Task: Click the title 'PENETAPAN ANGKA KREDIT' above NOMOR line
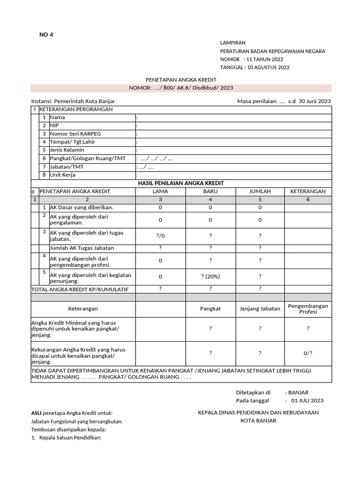coord(180,81)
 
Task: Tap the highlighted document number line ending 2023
coord(181,88)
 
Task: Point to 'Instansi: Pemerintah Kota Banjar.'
coord(74,101)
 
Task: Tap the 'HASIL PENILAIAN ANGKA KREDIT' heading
coord(180,183)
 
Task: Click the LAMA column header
coord(160,191)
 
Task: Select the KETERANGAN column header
coord(308,191)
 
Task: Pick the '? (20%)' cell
coord(210,277)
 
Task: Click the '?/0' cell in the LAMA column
coord(160,236)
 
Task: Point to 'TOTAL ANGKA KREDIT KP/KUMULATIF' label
coord(80,289)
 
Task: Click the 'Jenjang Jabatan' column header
coord(260,308)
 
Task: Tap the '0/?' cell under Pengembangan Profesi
coord(308,353)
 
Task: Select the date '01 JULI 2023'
coord(307,401)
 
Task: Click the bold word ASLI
coord(37,413)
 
